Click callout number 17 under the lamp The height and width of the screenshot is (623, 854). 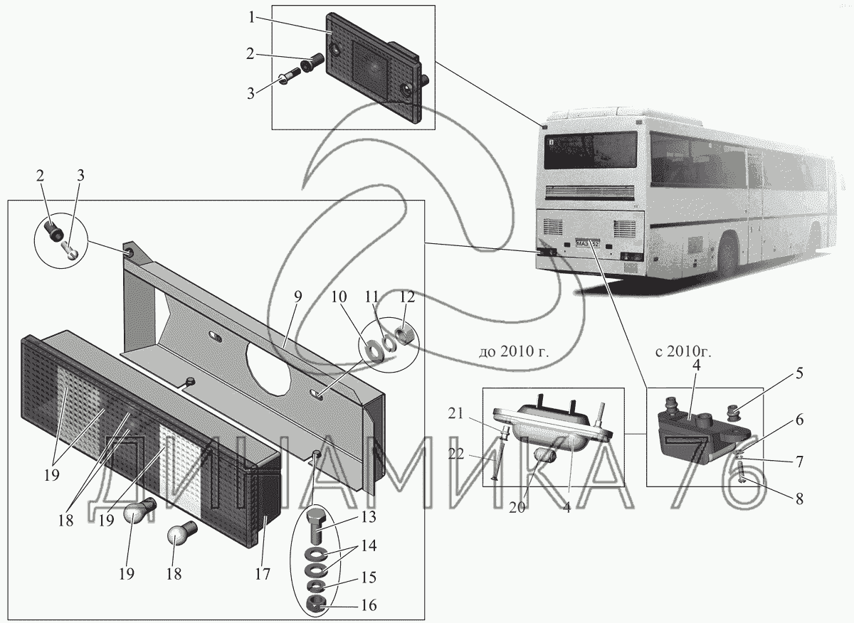point(263,573)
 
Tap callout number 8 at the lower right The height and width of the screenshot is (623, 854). point(798,499)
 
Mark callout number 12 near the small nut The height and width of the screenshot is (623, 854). point(407,297)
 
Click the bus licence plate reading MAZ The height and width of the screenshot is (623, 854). point(588,243)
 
